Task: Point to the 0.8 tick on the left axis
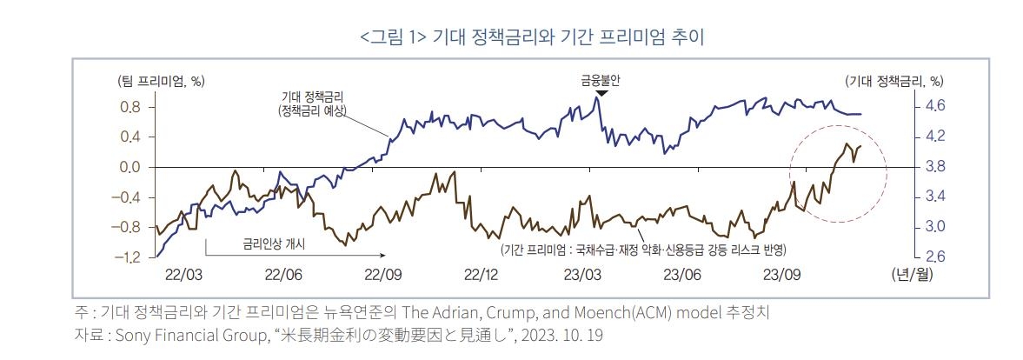130,106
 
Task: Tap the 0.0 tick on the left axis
130,167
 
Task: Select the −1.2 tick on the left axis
127,257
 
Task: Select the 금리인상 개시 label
275,244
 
